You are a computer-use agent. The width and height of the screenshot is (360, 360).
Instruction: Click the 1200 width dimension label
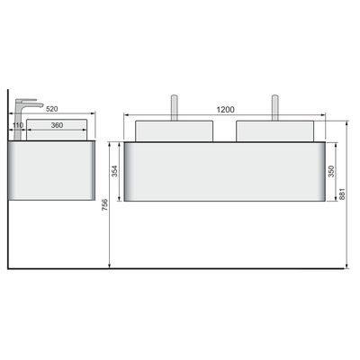pos(225,110)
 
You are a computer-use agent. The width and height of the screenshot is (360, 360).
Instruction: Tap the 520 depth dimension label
pos(52,109)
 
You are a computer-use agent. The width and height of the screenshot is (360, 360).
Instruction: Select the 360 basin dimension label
pos(57,125)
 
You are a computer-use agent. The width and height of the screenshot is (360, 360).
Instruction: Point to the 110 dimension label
pos(18,125)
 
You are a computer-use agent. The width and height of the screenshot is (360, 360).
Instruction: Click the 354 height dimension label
pos(115,171)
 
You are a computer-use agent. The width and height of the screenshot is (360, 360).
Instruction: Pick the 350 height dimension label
pos(331,171)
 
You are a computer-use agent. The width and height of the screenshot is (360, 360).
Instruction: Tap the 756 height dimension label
pos(104,205)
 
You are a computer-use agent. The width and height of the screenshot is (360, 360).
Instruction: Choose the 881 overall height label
pos(342,194)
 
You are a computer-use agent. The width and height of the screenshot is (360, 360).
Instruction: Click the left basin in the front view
pos(174,130)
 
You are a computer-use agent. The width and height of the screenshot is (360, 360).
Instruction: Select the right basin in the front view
pos(275,130)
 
